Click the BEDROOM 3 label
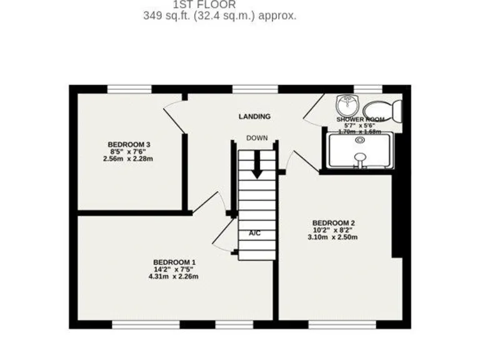pos(129,144)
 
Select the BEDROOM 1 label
pos(175,262)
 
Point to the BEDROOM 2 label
pos(334,223)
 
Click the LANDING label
pos(255,116)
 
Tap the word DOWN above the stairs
pos(257,138)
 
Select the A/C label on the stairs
pos(254,233)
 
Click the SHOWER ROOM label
pos(360,119)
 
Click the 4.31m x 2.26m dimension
pos(175,277)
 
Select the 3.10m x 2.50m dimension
pos(334,238)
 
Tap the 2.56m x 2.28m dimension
pos(129,159)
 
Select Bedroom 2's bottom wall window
pos(342,325)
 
